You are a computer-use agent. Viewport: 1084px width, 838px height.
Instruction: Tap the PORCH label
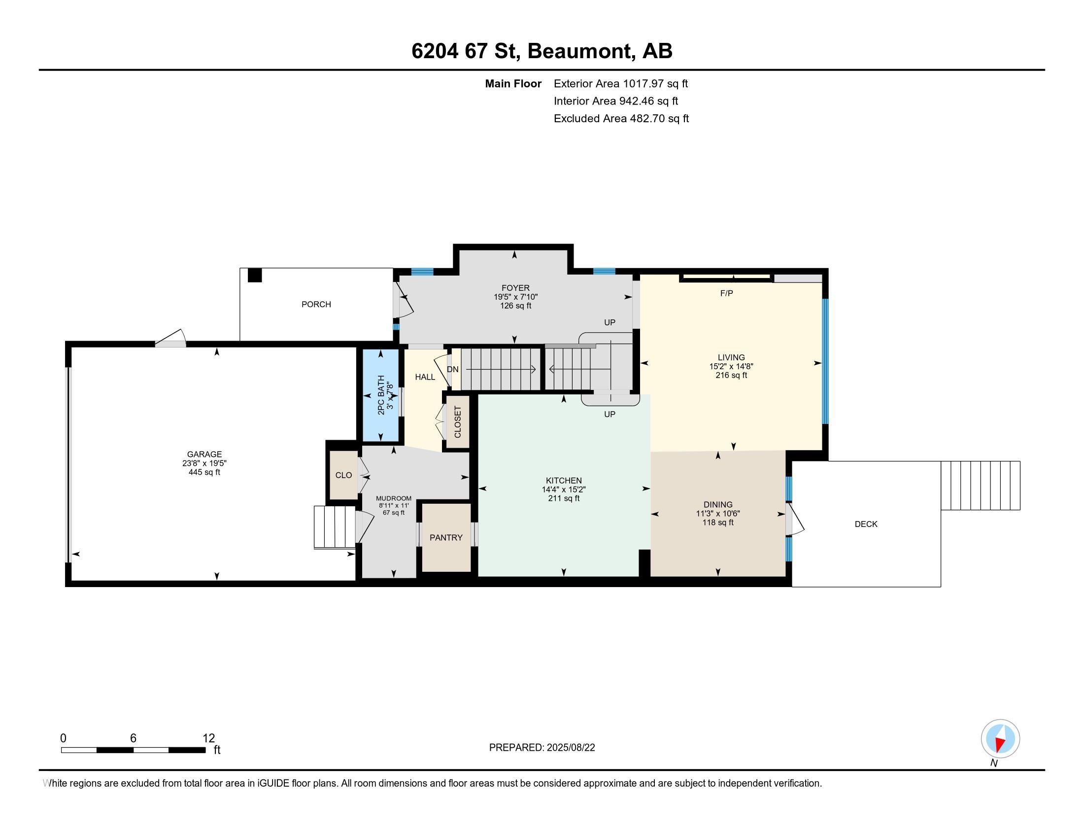point(316,304)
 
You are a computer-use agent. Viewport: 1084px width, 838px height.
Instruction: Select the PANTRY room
point(446,537)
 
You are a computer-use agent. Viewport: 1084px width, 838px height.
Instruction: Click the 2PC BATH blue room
point(381,395)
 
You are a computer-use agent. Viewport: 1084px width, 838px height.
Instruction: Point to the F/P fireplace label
point(726,293)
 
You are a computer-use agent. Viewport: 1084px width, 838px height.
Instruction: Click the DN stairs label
point(453,369)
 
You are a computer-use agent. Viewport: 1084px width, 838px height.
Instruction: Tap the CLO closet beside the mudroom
point(343,475)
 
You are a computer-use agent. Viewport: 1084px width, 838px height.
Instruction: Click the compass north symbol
point(1000,739)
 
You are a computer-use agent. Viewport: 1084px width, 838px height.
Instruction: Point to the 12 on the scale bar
point(209,738)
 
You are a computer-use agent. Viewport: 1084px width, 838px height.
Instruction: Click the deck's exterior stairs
point(980,486)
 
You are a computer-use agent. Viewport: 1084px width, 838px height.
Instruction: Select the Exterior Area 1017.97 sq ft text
point(620,83)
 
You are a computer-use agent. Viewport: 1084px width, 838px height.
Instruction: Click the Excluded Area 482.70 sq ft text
point(621,118)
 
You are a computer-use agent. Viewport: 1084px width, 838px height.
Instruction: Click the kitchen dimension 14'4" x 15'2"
point(563,489)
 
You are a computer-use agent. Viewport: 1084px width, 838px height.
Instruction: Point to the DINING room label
point(718,504)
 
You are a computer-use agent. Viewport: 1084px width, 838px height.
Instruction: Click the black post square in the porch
point(255,276)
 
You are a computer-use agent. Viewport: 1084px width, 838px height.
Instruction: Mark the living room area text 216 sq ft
point(731,375)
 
